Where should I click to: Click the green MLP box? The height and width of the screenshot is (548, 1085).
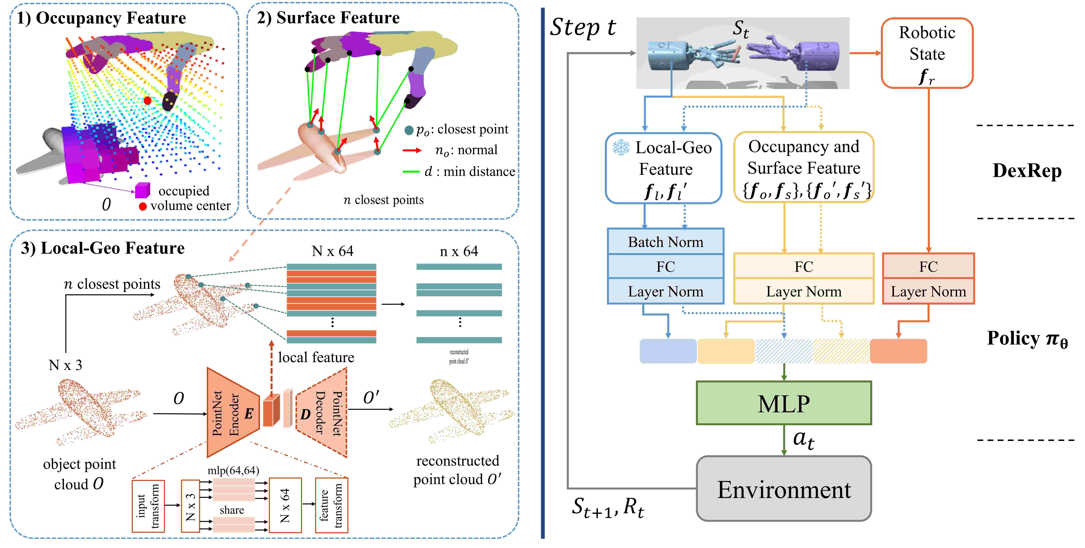(x=783, y=403)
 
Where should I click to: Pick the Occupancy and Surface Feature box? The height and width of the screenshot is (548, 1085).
(x=804, y=168)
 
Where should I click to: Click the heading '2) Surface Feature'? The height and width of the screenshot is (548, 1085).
(x=328, y=18)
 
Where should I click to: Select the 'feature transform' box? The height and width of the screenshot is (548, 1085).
(x=331, y=505)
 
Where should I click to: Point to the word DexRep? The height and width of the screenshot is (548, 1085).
(x=1027, y=171)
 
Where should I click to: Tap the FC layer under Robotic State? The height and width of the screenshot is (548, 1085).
(x=928, y=266)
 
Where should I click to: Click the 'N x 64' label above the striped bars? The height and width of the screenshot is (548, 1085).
(x=332, y=251)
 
